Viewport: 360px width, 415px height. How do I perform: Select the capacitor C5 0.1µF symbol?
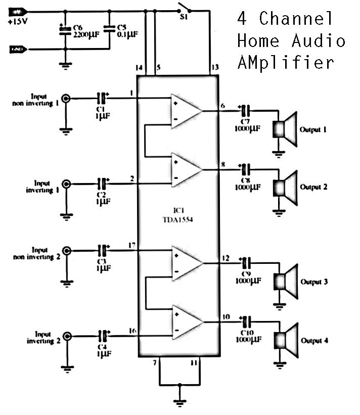pyautogui.click(x=109, y=30)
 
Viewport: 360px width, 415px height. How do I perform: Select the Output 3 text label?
pyautogui.click(x=313, y=282)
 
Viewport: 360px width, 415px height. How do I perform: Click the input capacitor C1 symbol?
pyautogui.click(x=103, y=98)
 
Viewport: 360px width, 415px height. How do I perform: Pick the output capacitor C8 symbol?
pyautogui.click(x=246, y=169)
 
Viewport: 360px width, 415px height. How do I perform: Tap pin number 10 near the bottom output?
pyautogui.click(x=226, y=317)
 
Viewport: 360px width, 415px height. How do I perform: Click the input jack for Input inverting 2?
pyautogui.click(x=66, y=335)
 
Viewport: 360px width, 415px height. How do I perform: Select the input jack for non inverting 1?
pyautogui.click(x=66, y=99)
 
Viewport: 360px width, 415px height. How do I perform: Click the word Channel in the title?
pyautogui.click(x=296, y=19)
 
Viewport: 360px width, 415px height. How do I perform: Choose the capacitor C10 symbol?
pyautogui.click(x=246, y=321)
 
